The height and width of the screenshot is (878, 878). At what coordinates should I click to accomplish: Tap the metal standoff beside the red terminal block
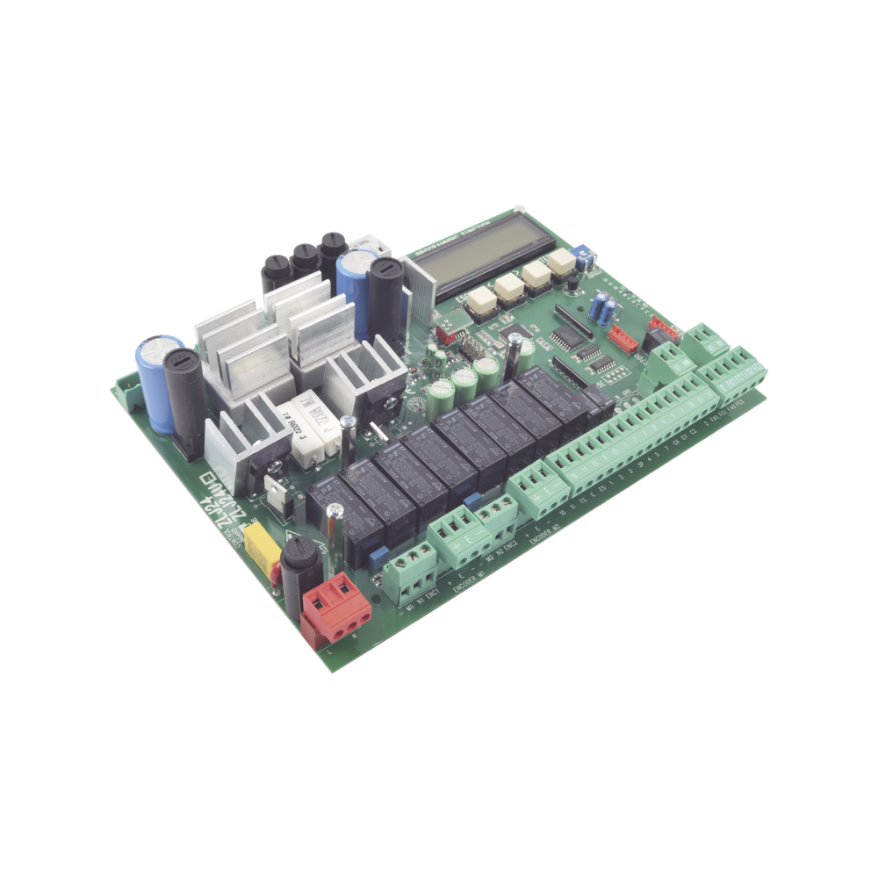tap(333, 532)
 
